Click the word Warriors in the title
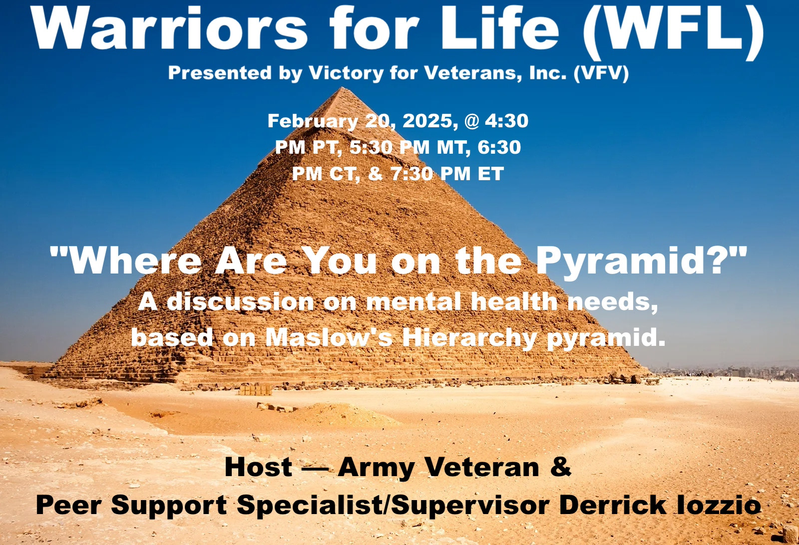click(x=169, y=29)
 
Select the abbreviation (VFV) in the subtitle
click(x=601, y=73)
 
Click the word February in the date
click(x=313, y=121)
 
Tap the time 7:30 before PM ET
click(x=411, y=174)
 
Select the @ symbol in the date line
click(x=471, y=121)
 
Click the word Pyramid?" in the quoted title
click(x=641, y=261)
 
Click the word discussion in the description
click(x=240, y=302)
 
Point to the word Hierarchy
click(x=469, y=338)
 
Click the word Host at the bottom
click(x=258, y=468)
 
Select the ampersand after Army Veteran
click(x=560, y=467)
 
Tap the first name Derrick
click(x=612, y=505)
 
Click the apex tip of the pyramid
click(x=343, y=88)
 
